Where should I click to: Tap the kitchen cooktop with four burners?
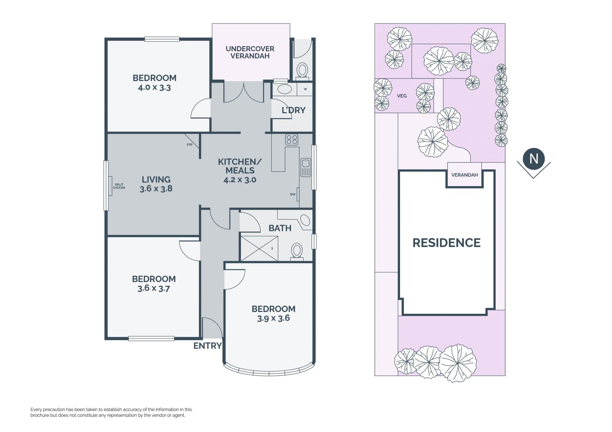(x=292, y=140)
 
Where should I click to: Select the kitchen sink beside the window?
(x=305, y=167)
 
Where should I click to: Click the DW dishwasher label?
(x=293, y=194)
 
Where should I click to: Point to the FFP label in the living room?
(x=190, y=145)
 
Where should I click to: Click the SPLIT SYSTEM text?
(x=119, y=186)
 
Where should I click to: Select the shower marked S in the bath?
(x=259, y=248)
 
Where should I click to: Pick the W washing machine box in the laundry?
(x=305, y=89)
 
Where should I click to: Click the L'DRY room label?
(x=294, y=110)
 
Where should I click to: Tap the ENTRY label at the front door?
(x=208, y=346)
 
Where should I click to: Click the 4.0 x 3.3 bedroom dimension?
(x=154, y=88)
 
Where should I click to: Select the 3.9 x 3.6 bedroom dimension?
(x=273, y=318)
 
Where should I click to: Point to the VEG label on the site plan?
(x=402, y=96)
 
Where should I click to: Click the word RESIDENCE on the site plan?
(x=447, y=243)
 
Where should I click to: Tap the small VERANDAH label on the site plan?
(x=464, y=175)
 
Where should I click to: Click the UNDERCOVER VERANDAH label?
(x=250, y=53)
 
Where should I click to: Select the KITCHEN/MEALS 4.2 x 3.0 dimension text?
(x=240, y=180)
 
